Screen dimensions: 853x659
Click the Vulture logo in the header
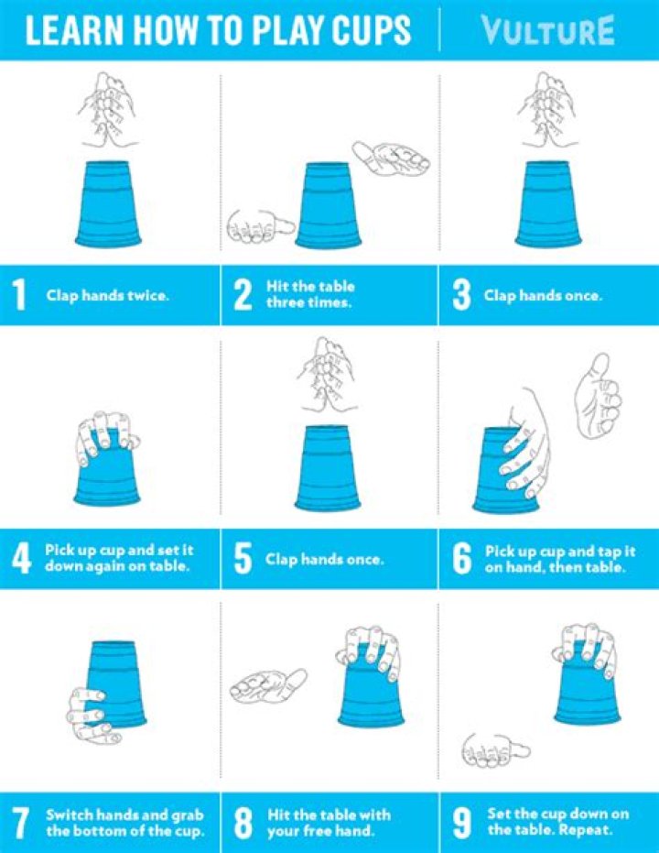coord(547,31)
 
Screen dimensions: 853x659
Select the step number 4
coord(20,559)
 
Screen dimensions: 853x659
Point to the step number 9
coord(462,822)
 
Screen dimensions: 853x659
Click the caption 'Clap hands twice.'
coord(108,296)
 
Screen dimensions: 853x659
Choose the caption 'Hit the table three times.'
coord(311,295)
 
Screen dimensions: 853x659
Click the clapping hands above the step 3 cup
coord(547,109)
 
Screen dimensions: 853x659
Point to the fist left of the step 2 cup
coord(257,223)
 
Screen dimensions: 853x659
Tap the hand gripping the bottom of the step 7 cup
coord(92,715)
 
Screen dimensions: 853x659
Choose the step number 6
coord(462,559)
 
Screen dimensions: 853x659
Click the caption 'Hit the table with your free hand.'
coord(329,822)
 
